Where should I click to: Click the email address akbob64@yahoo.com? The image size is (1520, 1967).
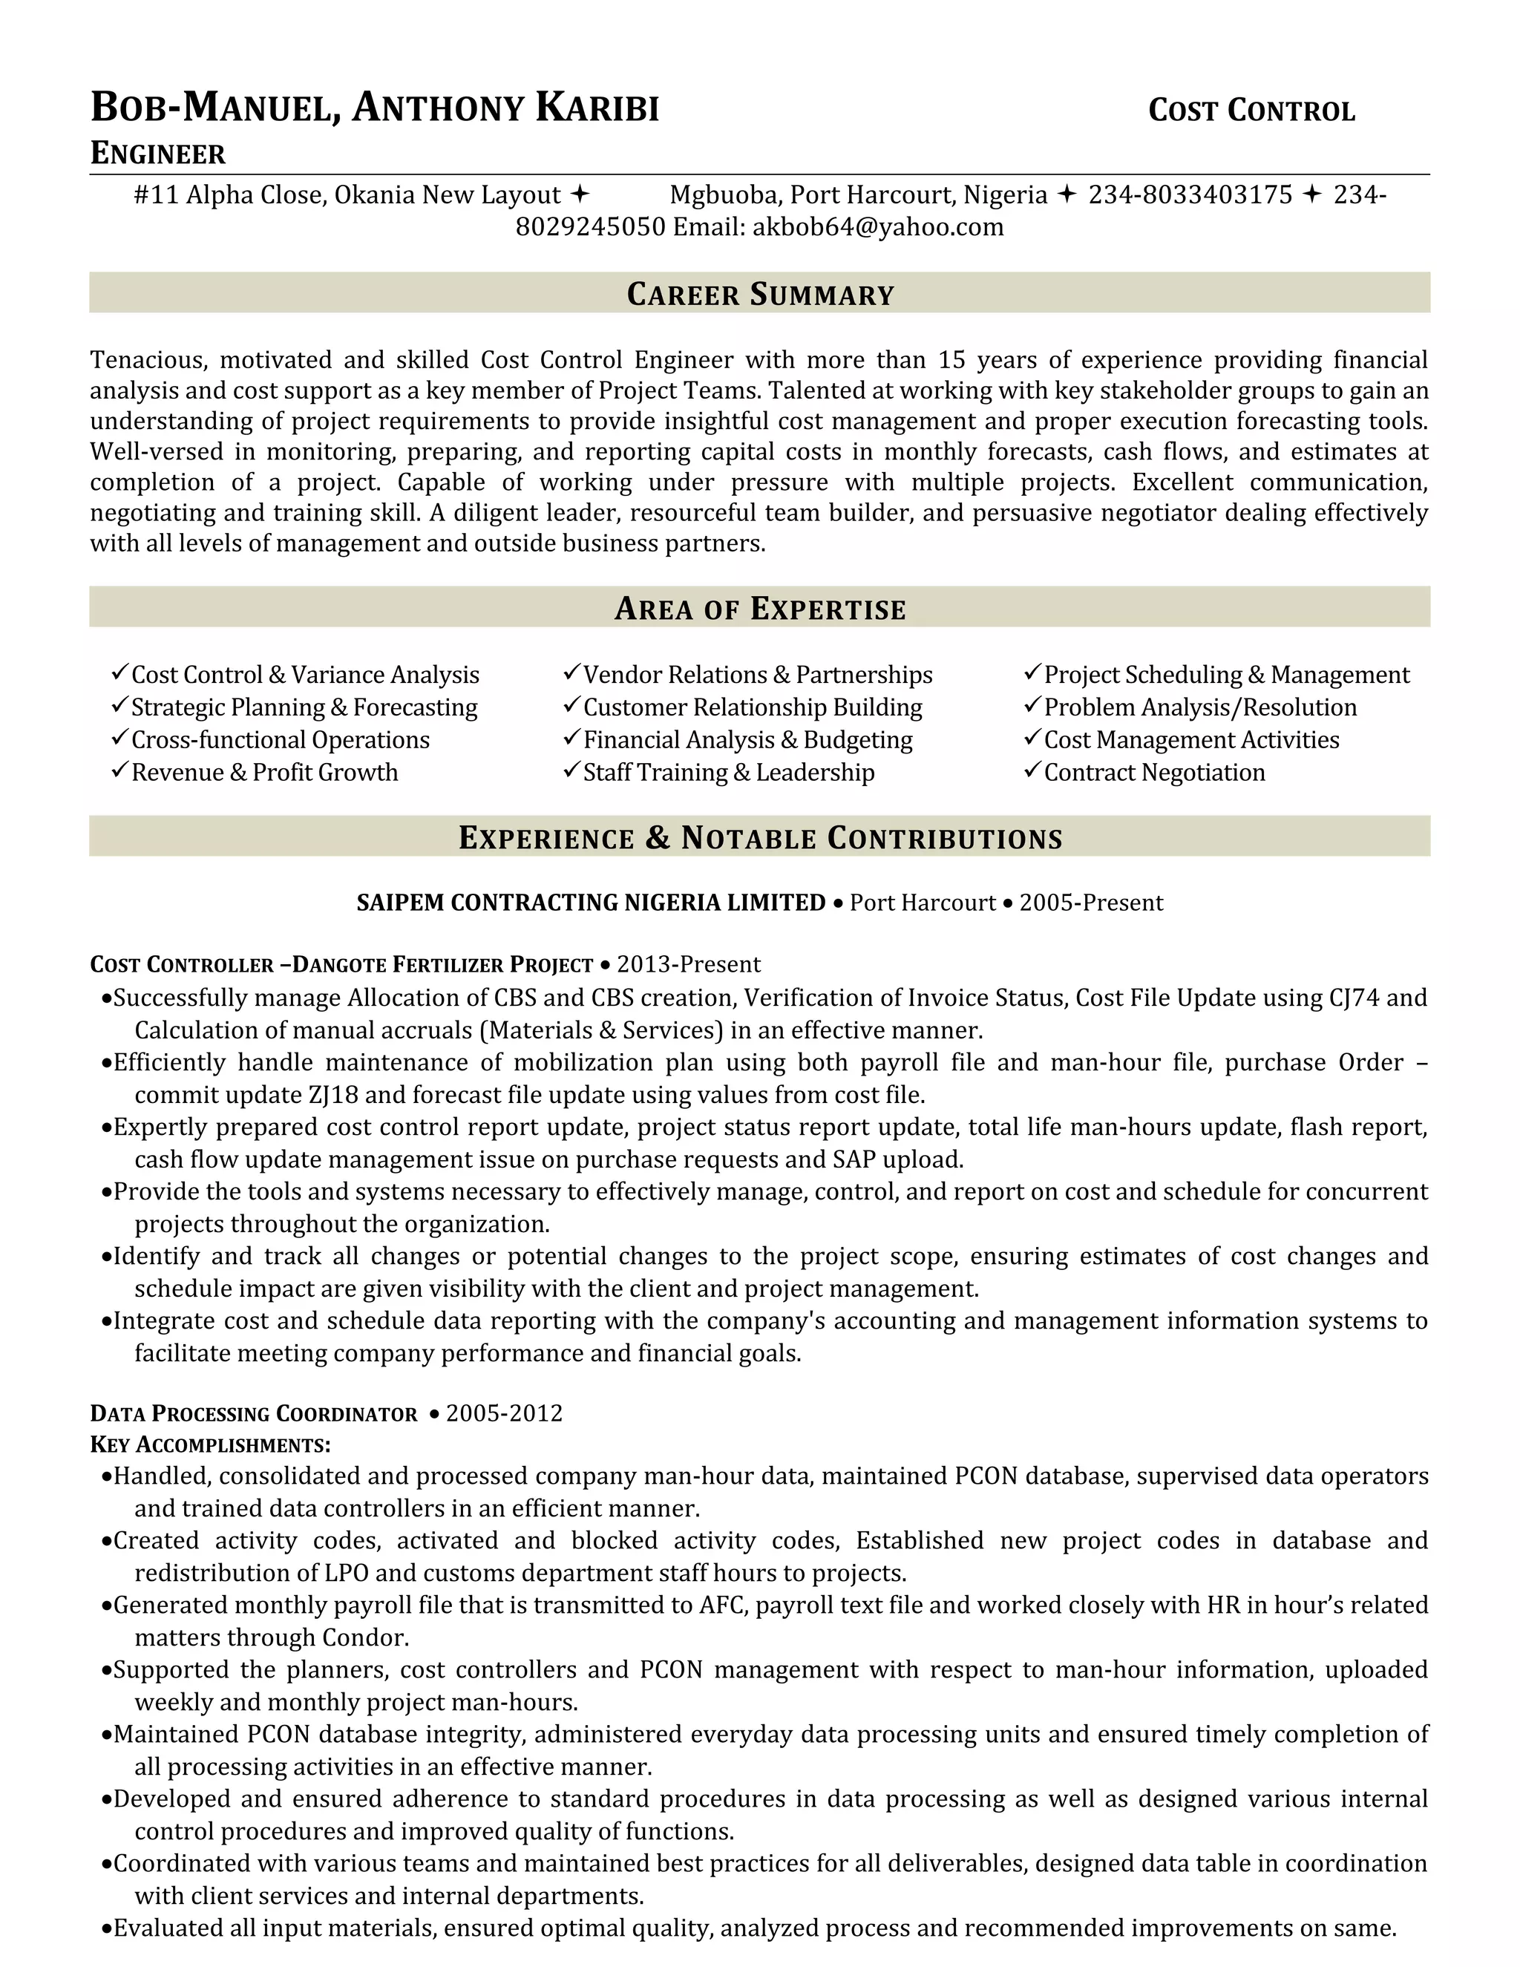(x=877, y=227)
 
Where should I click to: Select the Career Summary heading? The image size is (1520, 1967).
(x=759, y=294)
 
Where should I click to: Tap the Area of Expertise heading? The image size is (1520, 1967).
(x=759, y=608)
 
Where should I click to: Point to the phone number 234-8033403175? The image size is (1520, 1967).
(x=1190, y=194)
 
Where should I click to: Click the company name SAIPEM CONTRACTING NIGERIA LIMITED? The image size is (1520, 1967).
(x=591, y=903)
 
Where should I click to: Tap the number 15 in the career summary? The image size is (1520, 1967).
(x=951, y=360)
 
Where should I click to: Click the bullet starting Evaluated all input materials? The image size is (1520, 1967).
(x=754, y=1928)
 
